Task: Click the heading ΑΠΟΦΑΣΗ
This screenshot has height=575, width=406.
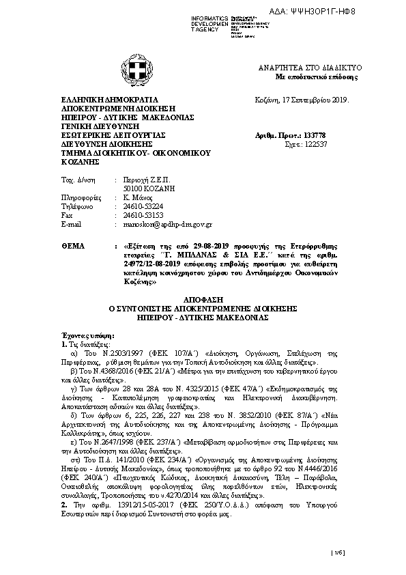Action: pos(203,300)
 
